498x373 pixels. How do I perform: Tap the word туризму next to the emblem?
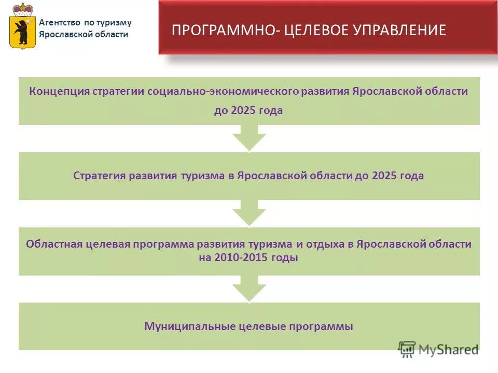(x=114, y=22)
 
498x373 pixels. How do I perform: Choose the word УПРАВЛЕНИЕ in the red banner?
(x=399, y=30)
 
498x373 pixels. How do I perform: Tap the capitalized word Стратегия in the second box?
(x=100, y=176)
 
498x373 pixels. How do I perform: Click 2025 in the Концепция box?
(x=242, y=110)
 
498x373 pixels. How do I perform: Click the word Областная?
(x=54, y=244)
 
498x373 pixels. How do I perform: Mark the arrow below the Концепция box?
(x=249, y=138)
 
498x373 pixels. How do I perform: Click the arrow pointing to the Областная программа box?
(x=249, y=213)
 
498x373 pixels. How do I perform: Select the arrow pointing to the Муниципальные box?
(x=249, y=289)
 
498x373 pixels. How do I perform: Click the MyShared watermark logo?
(x=439, y=349)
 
